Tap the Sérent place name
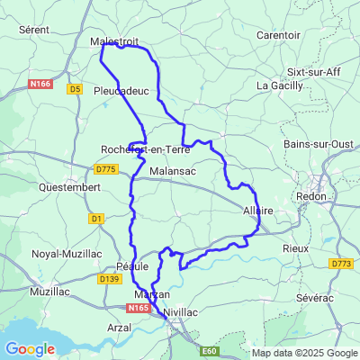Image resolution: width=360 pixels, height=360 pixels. point(33,30)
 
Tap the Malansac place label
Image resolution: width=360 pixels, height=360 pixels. point(172,170)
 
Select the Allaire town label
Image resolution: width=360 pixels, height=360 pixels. point(258,211)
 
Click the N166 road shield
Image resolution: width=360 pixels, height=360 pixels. point(40,84)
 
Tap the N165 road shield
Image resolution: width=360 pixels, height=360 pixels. point(138,308)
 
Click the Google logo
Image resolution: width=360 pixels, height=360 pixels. point(30,348)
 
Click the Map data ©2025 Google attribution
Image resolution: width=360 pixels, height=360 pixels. point(304,353)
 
